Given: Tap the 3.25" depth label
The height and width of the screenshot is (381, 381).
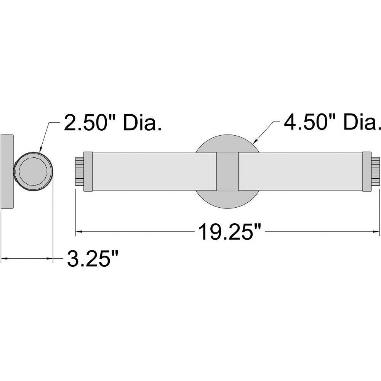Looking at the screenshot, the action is [x=93, y=259].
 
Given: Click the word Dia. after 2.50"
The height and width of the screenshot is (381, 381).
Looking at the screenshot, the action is [x=142, y=123].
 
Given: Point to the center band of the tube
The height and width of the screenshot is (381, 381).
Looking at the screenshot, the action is [x=227, y=171].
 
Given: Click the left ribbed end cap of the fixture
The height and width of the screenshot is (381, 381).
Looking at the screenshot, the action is [x=80, y=171].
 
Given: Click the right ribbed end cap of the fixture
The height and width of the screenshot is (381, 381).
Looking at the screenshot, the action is [x=375, y=171].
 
